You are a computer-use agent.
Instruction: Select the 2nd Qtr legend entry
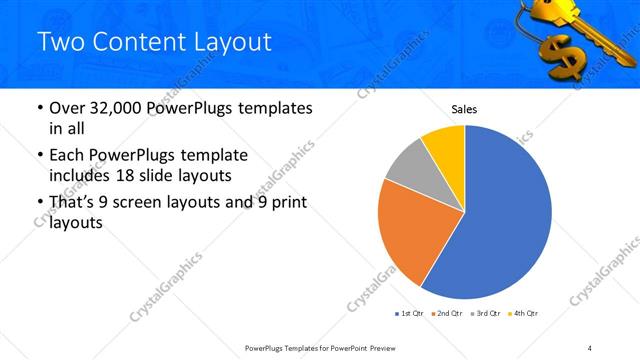coord(447,314)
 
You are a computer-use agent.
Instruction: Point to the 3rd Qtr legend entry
coord(486,314)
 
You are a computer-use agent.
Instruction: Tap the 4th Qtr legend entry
coord(524,314)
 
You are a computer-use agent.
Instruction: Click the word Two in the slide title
coord(61,42)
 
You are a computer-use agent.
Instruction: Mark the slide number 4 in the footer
coord(590,347)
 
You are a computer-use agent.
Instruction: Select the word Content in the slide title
coord(138,42)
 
